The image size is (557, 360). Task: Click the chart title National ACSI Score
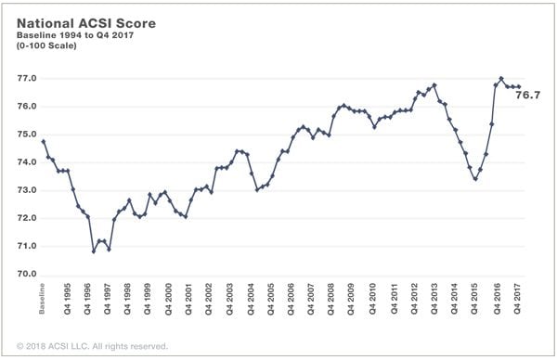(x=86, y=23)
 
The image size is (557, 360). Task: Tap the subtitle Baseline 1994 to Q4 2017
(x=75, y=35)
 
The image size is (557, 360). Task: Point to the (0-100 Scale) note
(x=46, y=45)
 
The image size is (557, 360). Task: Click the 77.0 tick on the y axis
(x=27, y=79)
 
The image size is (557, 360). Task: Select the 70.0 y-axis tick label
(x=27, y=274)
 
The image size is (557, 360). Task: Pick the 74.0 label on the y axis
(x=27, y=162)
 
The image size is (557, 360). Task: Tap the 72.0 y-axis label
(x=27, y=218)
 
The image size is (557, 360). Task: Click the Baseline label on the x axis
(x=42, y=299)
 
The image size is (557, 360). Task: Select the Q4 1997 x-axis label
(x=108, y=299)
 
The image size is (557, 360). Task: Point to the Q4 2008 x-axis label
(x=330, y=299)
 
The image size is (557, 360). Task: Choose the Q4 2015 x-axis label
(x=474, y=299)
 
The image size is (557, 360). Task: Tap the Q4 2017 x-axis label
(x=517, y=299)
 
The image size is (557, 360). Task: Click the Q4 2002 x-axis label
(x=209, y=299)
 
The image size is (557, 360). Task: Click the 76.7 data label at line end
(x=528, y=96)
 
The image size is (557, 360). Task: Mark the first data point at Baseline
(x=44, y=142)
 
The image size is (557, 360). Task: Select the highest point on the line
(x=501, y=79)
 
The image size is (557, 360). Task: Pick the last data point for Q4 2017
(x=519, y=86)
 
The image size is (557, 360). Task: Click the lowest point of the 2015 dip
(x=475, y=179)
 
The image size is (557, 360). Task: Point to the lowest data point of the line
(x=94, y=251)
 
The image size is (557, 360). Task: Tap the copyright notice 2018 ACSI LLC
(x=92, y=346)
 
